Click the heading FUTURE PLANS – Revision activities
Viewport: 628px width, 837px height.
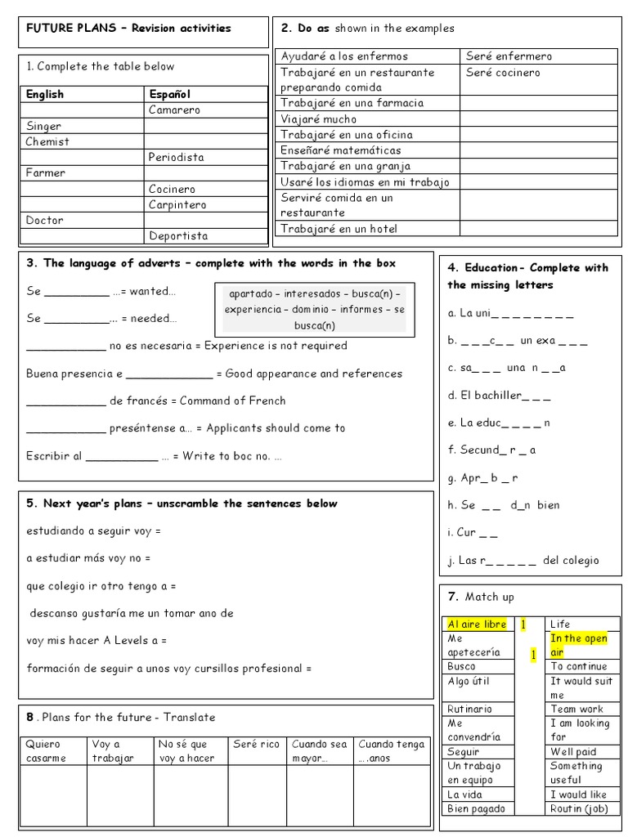pos(128,28)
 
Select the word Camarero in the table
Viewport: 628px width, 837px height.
pos(174,110)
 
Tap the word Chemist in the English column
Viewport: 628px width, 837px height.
pos(47,141)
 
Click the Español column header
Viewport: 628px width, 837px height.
pos(169,94)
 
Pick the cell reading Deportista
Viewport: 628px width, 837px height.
pos(178,236)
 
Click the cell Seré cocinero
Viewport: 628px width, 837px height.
pos(503,72)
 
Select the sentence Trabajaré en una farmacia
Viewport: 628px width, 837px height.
pos(352,103)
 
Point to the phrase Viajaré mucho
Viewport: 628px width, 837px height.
pos(319,119)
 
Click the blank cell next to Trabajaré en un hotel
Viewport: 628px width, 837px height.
pos(538,229)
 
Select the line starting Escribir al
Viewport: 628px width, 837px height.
pos(154,456)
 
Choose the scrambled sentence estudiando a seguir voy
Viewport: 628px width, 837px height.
pos(93,531)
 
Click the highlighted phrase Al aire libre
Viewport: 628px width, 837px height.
pos(478,624)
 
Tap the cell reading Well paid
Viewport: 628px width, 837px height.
pos(573,752)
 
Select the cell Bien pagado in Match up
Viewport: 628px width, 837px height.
pos(477,809)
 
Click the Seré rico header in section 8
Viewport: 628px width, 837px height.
pos(256,745)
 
